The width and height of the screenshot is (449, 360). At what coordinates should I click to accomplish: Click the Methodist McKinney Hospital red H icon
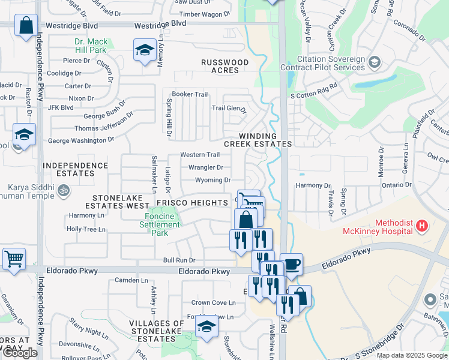click(422, 226)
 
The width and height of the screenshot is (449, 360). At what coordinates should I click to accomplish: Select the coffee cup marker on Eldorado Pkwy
click(292, 264)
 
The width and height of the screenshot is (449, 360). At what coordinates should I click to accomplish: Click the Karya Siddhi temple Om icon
click(63, 191)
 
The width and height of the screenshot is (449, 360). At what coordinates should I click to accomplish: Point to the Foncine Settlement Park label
click(159, 225)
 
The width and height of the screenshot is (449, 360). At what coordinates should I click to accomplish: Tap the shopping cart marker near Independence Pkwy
click(14, 259)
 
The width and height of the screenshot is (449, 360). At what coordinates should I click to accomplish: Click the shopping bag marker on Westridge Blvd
click(26, 26)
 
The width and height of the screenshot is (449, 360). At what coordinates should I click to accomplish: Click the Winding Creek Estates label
click(258, 140)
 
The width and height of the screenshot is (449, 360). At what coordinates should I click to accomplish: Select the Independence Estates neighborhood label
click(76, 169)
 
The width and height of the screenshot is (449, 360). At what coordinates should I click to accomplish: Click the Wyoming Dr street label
click(213, 180)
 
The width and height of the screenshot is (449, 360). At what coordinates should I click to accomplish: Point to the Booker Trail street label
click(190, 94)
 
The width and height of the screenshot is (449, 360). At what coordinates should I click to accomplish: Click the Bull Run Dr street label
click(179, 260)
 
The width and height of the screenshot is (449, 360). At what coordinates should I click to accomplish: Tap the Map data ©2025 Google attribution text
click(412, 355)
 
